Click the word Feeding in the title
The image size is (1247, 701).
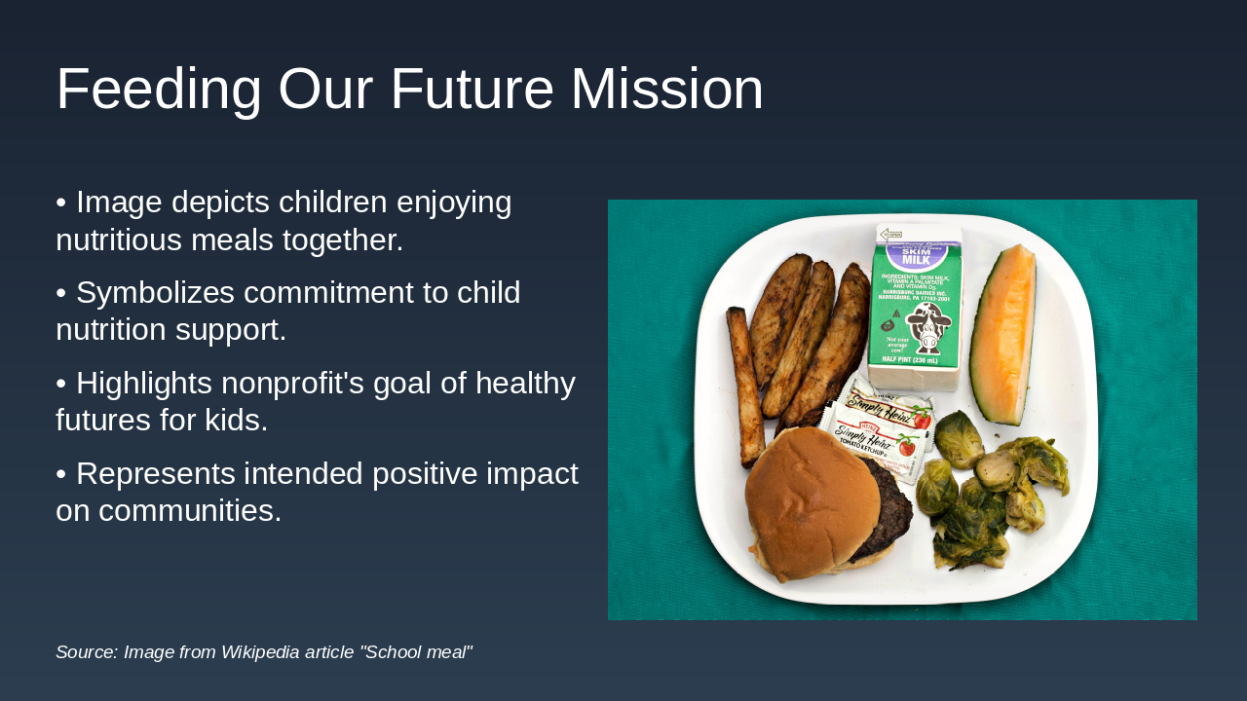[x=159, y=90]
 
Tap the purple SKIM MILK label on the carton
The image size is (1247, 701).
[x=916, y=255]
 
